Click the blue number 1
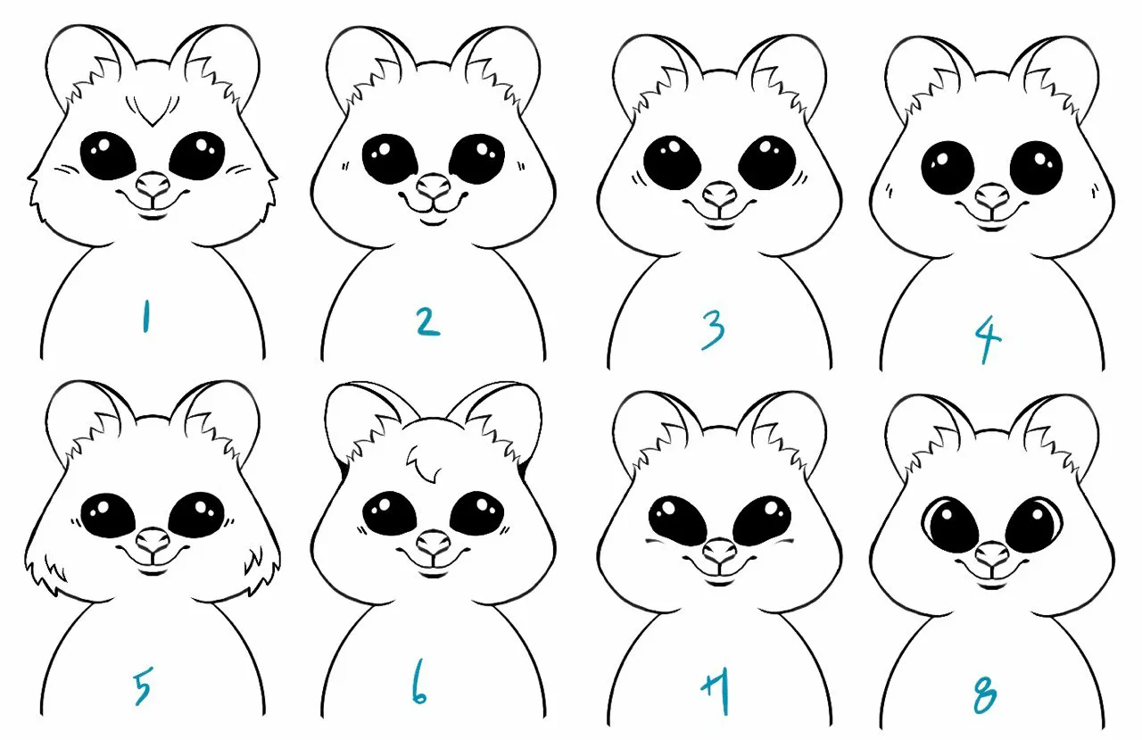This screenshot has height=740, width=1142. click(x=145, y=316)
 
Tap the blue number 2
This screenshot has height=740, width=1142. click(x=428, y=322)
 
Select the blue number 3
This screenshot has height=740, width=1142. click(x=713, y=330)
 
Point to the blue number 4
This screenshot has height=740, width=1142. click(x=988, y=337)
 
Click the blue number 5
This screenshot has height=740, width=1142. click(x=143, y=686)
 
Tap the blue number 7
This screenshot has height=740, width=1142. click(x=717, y=692)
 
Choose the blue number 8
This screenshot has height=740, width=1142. click(x=984, y=694)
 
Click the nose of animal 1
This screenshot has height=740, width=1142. click(x=152, y=185)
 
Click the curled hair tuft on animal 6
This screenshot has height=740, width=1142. click(x=423, y=462)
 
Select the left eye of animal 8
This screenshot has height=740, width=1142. click(x=950, y=525)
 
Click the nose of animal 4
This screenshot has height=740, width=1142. click(x=992, y=195)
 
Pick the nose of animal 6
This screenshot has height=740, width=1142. click(x=434, y=543)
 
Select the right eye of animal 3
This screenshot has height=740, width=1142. click(x=766, y=162)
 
